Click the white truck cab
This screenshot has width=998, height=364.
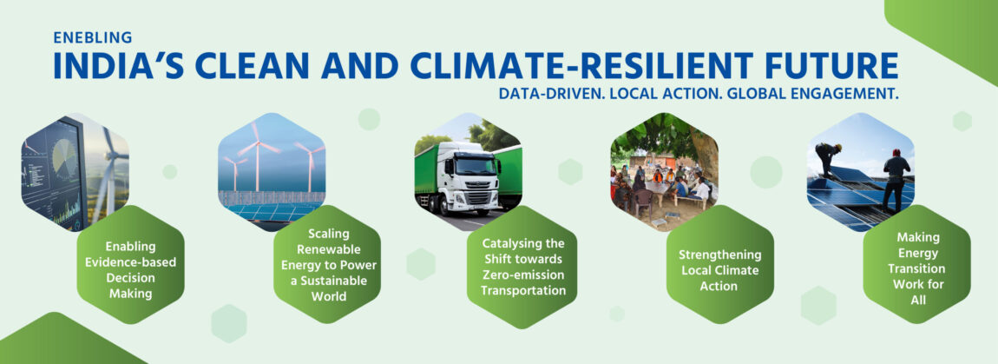click(x=467, y=178)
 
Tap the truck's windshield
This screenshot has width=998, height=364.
click(x=474, y=165)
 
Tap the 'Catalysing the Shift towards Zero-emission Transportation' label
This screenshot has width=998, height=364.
click(x=523, y=267)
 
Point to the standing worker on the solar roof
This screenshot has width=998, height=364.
click(x=896, y=179)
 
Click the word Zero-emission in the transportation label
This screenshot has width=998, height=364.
click(x=523, y=275)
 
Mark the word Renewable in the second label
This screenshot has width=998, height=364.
click(x=328, y=248)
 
